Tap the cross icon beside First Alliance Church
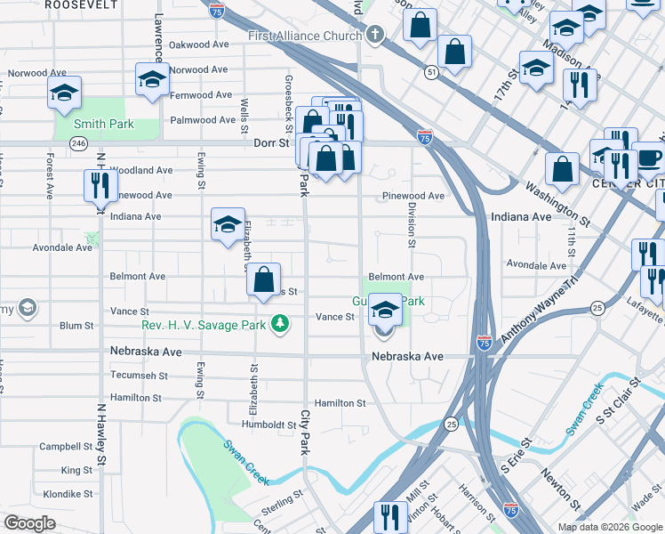click(x=375, y=35)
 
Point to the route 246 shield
click(x=79, y=142)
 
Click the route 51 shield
click(x=431, y=73)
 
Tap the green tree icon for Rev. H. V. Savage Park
click(x=280, y=323)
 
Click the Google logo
click(x=29, y=523)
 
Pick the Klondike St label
click(x=68, y=493)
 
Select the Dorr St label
click(x=273, y=142)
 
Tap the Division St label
click(x=412, y=223)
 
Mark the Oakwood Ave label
click(x=199, y=44)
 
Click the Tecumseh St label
click(x=140, y=376)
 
